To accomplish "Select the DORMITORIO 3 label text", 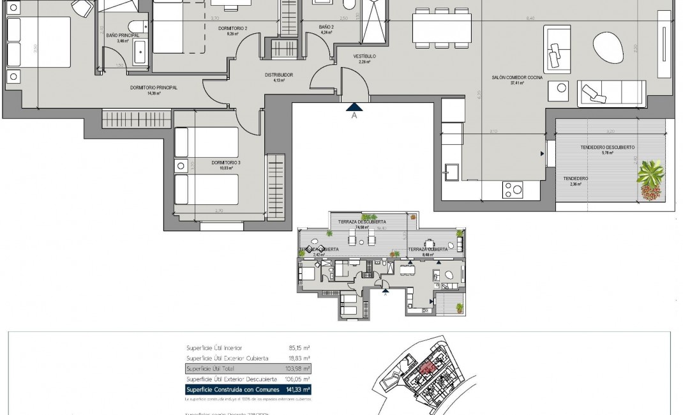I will [226, 163].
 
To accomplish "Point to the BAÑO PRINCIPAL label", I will [123, 36].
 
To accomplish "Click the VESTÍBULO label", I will [364, 56].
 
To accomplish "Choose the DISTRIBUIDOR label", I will [278, 75].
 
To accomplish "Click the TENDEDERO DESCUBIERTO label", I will [607, 147].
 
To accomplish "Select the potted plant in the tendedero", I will [650, 179].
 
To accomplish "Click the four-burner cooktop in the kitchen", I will [513, 189].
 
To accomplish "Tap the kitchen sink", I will [454, 170].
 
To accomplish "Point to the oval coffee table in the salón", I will [611, 47].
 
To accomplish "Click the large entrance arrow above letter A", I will [353, 106].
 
